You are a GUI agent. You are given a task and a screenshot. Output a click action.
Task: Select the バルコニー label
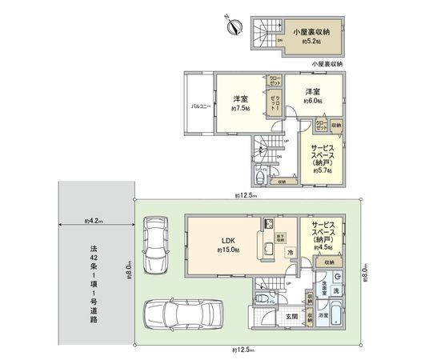199,106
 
